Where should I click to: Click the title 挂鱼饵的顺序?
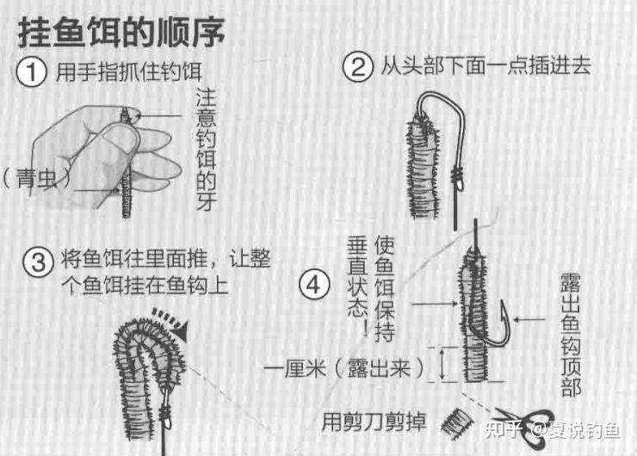pyautogui.click(x=121, y=32)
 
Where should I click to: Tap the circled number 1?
pyautogui.click(x=31, y=72)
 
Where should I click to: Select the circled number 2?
pyautogui.click(x=357, y=67)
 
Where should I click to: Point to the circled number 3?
pyautogui.click(x=38, y=262)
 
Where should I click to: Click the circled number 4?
pyautogui.click(x=314, y=285)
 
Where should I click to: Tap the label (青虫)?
pyautogui.click(x=36, y=178)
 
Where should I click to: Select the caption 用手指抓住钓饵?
pyautogui.click(x=129, y=72)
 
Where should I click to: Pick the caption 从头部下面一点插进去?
pyautogui.click(x=485, y=66)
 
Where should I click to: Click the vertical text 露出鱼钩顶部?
pyautogui.click(x=571, y=335)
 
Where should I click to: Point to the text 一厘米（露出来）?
pyautogui.click(x=345, y=369)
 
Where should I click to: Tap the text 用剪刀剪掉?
pyautogui.click(x=374, y=422)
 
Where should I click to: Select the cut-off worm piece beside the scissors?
pyautogui.click(x=458, y=423)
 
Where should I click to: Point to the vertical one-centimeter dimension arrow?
pyautogui.click(x=442, y=365)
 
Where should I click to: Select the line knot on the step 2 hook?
pyautogui.click(x=458, y=177)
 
